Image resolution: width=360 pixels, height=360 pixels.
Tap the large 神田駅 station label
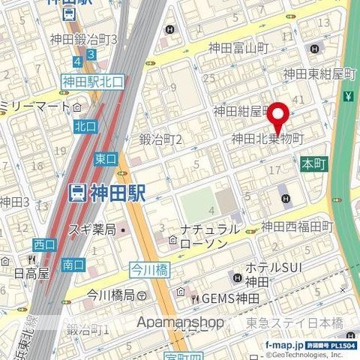tap(118, 193)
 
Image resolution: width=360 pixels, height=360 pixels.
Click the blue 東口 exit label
tap(106, 158)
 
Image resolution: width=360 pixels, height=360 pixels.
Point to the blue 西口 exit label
tap(44, 244)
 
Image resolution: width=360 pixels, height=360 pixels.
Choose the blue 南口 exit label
tap(73, 264)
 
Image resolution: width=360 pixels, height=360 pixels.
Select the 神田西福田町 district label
tap(297, 226)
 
